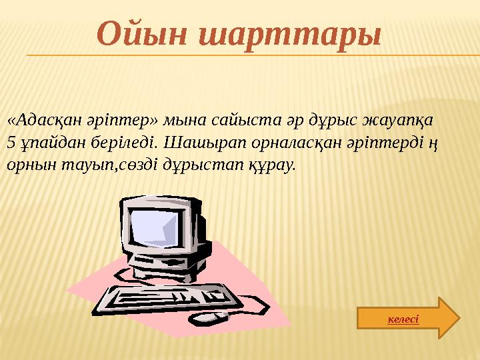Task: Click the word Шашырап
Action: tap(195, 142)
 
